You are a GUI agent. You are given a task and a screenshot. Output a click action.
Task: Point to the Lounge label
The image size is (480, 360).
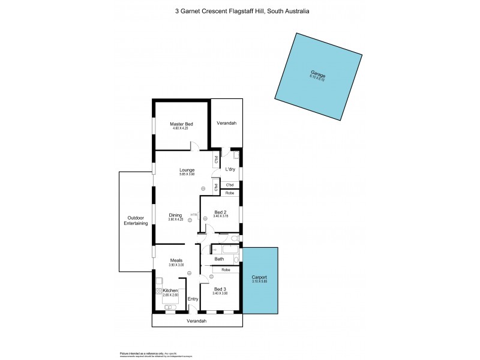[187, 170]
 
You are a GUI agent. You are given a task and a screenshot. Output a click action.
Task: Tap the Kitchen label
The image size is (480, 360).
[170, 290]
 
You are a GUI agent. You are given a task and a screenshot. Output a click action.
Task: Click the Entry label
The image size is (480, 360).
[193, 299]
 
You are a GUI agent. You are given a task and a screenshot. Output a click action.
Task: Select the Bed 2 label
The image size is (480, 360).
[220, 212]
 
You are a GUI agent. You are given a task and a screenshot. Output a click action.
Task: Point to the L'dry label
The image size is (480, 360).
[230, 170]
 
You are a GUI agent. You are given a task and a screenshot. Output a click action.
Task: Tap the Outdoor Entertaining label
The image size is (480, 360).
[136, 220]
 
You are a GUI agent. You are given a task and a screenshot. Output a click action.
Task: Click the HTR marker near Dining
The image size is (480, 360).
[194, 215]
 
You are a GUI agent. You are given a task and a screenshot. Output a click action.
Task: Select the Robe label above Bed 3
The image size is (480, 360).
[225, 270]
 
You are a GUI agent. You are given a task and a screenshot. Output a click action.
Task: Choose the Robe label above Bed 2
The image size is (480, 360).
[229, 193]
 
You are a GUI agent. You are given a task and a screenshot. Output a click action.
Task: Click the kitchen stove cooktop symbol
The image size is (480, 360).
[159, 291]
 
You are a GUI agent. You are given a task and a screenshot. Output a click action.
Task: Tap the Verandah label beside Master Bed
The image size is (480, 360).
[226, 123]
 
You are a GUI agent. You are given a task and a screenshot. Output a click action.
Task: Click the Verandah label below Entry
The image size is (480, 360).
[197, 321]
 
